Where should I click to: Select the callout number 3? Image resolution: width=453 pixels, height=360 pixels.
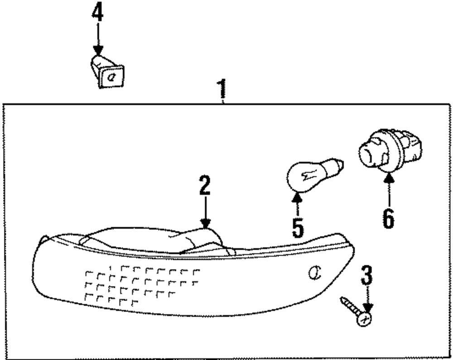point(367,276)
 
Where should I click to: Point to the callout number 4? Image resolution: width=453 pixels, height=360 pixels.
point(97,14)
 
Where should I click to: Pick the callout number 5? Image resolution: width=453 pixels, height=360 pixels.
point(298,227)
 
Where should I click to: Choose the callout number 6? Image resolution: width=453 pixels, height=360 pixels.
point(388,219)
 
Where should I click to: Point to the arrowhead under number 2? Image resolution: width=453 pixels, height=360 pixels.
point(205,223)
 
